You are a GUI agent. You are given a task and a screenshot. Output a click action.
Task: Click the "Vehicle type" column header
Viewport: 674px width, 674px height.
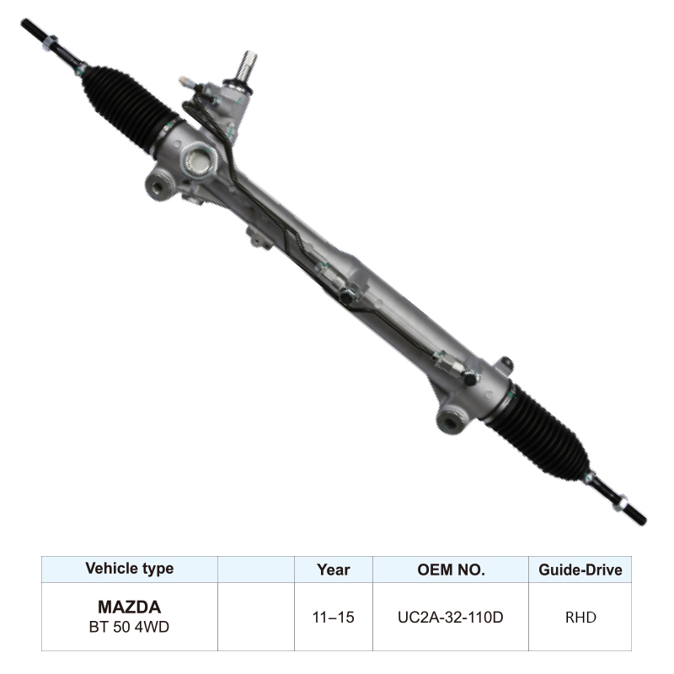tap(129, 569)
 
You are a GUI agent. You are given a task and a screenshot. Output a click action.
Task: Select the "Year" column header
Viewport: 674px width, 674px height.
tap(333, 570)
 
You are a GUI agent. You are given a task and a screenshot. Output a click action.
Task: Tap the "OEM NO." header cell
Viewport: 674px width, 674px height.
tap(451, 570)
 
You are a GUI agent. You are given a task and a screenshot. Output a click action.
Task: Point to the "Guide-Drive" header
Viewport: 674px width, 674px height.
tap(580, 570)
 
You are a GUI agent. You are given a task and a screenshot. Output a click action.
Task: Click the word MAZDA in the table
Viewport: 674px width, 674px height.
tap(129, 607)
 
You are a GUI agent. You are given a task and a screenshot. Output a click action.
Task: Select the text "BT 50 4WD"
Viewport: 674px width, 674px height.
tap(129, 627)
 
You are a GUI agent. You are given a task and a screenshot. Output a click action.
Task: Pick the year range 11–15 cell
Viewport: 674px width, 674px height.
tap(333, 618)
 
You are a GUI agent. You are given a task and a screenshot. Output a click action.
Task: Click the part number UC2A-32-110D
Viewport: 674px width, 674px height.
tap(451, 618)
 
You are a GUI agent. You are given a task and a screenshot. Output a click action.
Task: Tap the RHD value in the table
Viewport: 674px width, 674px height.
tap(580, 618)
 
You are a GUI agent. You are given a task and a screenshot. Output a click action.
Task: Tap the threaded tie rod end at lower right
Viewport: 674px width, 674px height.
tap(623, 500)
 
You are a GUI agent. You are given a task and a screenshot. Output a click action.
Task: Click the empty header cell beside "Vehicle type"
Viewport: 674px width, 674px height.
tap(256, 570)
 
